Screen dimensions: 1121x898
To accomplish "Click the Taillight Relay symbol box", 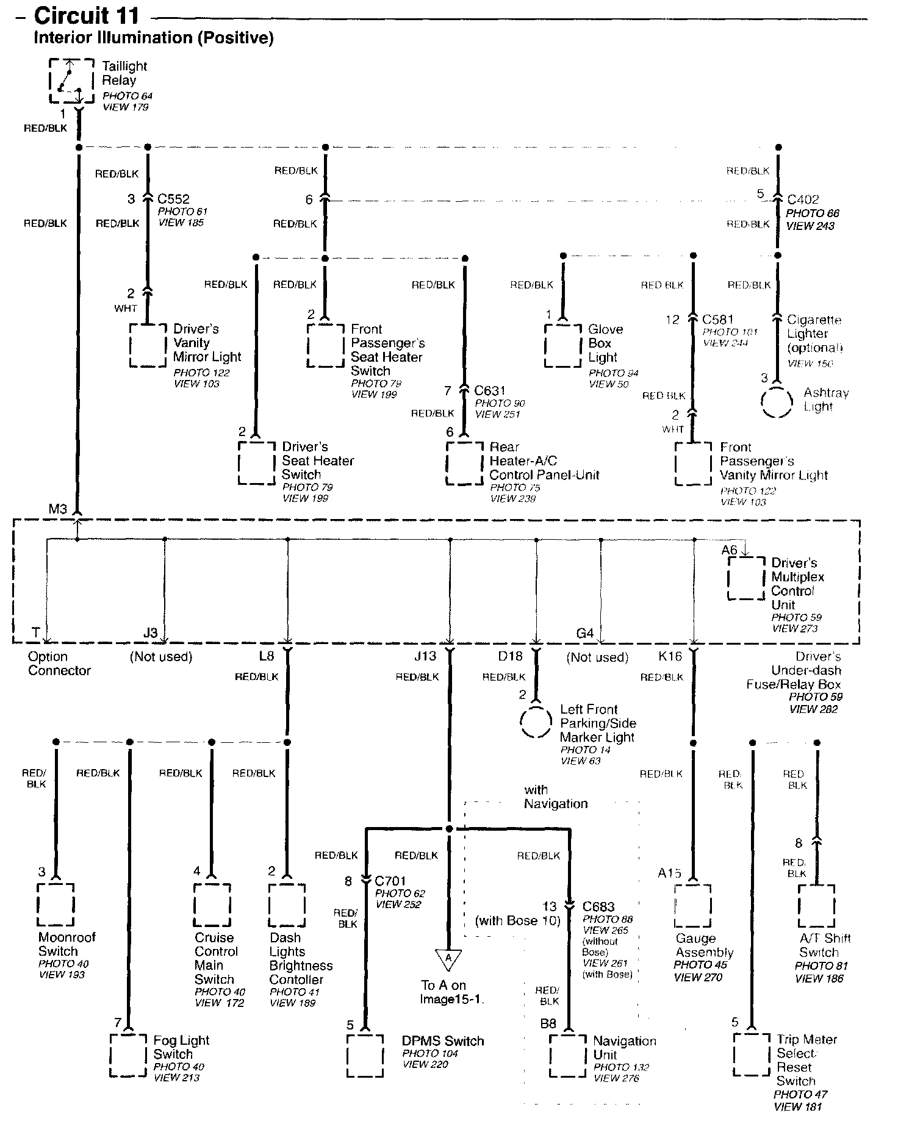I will [71, 81].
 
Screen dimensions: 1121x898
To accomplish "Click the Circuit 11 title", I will [87, 15].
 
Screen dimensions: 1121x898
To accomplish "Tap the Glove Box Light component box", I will [562, 345].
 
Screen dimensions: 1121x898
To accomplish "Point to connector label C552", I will [173, 199].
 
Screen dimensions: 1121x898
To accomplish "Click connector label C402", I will [803, 200].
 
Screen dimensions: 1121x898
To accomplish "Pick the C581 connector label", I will [717, 320].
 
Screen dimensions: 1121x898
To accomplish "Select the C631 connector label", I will [490, 391].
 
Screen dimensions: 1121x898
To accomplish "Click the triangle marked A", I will [448, 959].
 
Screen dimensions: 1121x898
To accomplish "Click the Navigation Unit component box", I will [567, 1056].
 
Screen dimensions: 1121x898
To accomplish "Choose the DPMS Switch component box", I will [365, 1056].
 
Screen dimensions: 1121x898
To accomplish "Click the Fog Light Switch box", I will [129, 1056].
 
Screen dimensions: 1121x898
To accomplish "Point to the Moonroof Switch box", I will [56, 905].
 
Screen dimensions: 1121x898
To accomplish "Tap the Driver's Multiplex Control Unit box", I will [745, 578].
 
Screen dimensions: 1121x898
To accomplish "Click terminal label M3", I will [58, 509].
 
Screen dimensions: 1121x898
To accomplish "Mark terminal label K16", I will [670, 656].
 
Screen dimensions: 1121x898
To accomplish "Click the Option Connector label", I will [59, 664].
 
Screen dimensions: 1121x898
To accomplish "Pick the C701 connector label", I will [390, 881].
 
